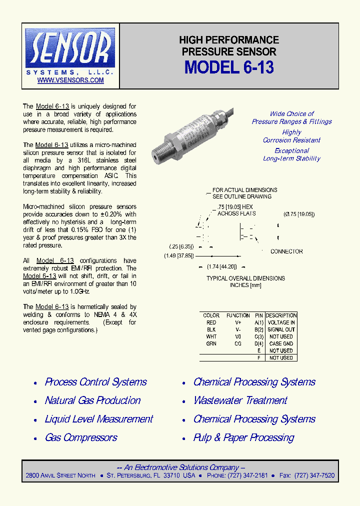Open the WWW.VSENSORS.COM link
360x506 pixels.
coord(70,80)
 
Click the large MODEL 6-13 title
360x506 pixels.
coord(229,67)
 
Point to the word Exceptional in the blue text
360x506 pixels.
coord(291,150)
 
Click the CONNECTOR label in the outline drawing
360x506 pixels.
coord(286,251)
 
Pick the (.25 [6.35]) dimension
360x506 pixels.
coord(181,246)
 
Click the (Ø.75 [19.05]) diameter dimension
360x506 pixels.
coord(299,214)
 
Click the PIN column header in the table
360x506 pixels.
coord(258,315)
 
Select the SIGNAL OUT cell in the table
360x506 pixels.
coord(281,329)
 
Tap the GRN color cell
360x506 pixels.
coord(211,343)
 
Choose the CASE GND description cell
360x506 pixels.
coord(281,343)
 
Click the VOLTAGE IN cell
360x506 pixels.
coord(281,322)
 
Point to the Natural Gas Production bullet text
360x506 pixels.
coord(92,400)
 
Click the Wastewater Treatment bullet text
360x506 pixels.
coord(240,400)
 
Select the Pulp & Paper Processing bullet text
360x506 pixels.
coord(243,437)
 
